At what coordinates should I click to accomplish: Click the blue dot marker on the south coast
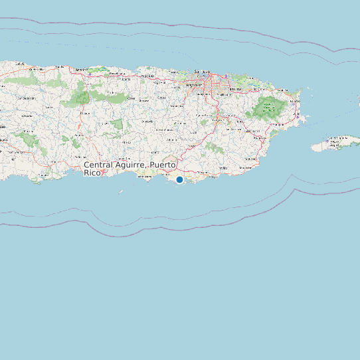[179, 179]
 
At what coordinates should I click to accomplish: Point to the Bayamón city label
[194, 85]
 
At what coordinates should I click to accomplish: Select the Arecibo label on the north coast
[82, 69]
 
